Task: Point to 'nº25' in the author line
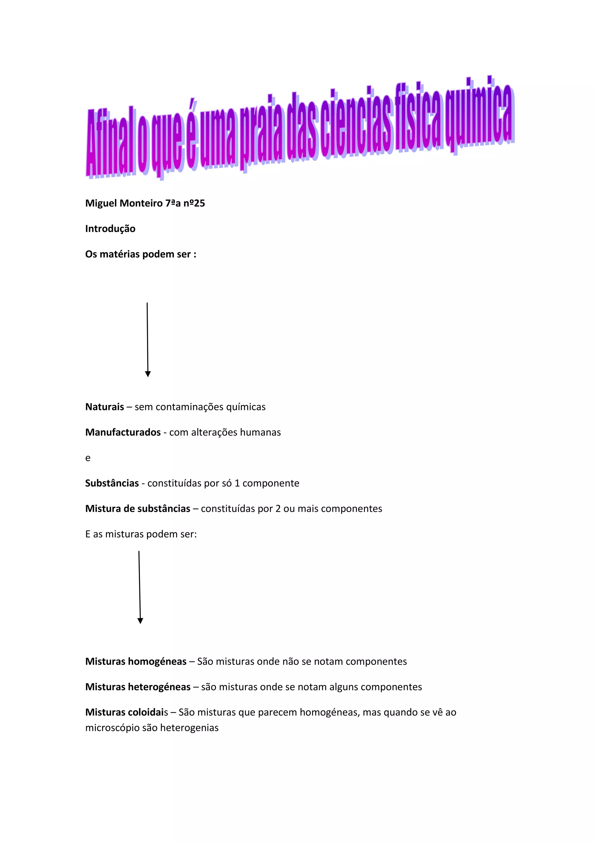(x=194, y=203)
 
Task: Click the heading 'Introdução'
(x=110, y=229)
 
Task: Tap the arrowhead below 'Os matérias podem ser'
(x=148, y=374)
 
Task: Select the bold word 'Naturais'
(x=104, y=407)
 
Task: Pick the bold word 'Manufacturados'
(x=123, y=432)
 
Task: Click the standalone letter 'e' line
(x=88, y=458)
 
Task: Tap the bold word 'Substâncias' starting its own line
(x=112, y=483)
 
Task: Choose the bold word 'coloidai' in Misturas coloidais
(x=145, y=712)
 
